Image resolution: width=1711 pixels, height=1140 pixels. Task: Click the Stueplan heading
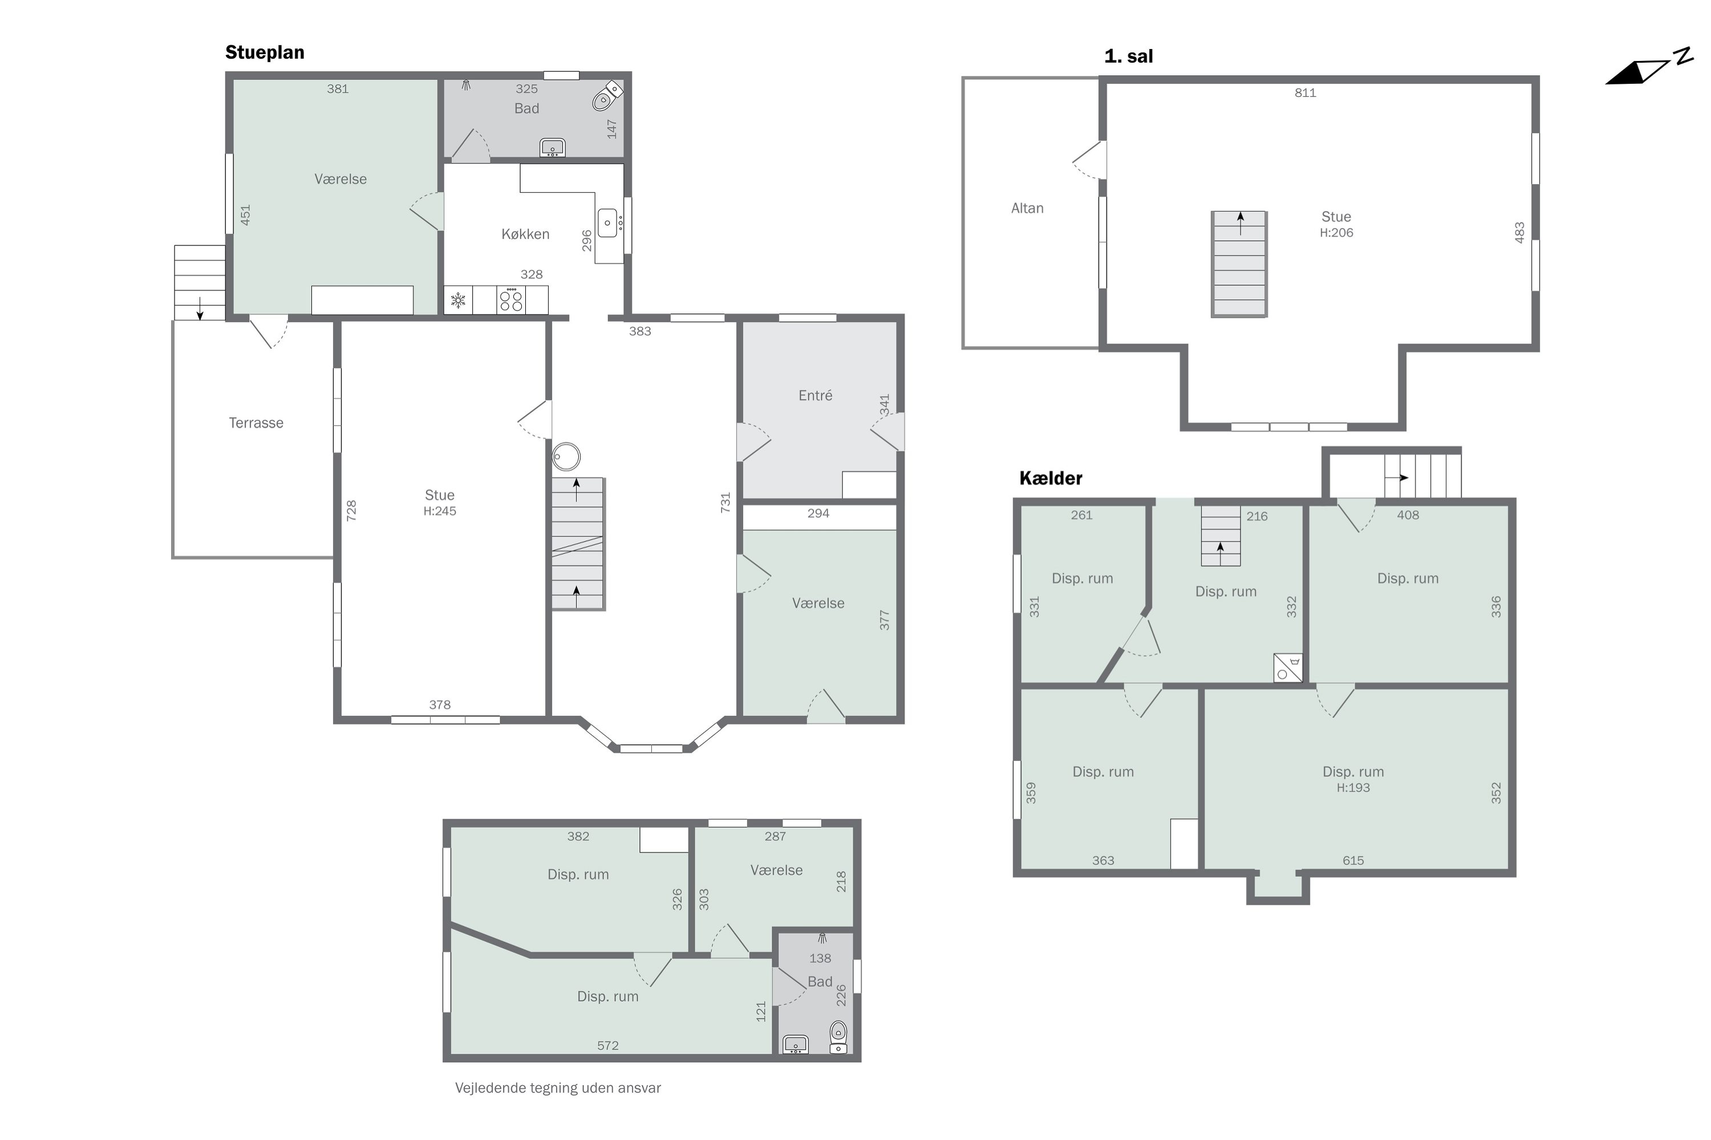[265, 53]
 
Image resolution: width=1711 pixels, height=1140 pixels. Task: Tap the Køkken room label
[525, 234]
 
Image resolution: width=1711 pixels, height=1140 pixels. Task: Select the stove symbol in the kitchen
[512, 300]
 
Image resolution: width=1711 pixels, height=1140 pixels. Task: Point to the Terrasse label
[256, 423]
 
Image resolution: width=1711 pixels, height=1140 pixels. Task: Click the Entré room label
[815, 396]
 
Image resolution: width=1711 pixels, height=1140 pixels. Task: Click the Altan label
[1027, 209]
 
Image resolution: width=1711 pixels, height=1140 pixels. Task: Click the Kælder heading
[1051, 478]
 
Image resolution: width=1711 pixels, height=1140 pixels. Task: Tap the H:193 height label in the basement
[1353, 787]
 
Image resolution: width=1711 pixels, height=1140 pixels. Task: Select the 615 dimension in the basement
[1353, 861]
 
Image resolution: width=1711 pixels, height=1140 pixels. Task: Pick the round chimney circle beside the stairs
[566, 457]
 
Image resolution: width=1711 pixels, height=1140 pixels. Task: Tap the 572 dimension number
[607, 1045]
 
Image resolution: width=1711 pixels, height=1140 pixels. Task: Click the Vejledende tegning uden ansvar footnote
[558, 1088]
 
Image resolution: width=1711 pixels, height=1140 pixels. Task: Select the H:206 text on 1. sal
[1336, 233]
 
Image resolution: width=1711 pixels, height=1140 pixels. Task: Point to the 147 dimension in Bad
[612, 129]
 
